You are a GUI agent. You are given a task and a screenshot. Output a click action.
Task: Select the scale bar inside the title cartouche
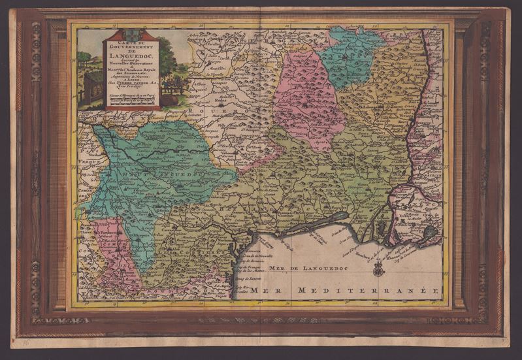(131, 100)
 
